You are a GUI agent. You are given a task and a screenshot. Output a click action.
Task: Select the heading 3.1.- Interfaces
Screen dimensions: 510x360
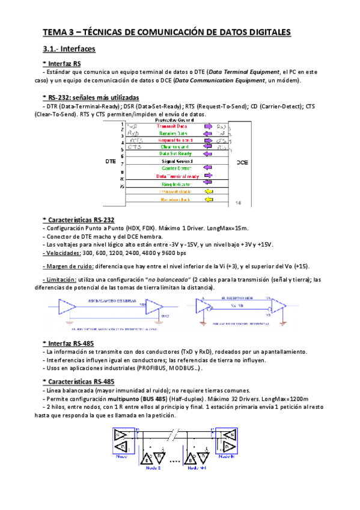click(x=69, y=49)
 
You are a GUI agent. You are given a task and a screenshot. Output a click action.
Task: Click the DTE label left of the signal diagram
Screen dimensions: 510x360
click(x=111, y=162)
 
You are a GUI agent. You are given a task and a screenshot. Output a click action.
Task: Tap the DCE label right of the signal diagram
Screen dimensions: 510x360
click(x=242, y=162)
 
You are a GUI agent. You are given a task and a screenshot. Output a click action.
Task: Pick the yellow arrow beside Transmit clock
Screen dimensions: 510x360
click(x=209, y=191)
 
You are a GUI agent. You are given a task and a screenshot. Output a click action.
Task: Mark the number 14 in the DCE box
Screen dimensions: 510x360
click(x=239, y=203)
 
